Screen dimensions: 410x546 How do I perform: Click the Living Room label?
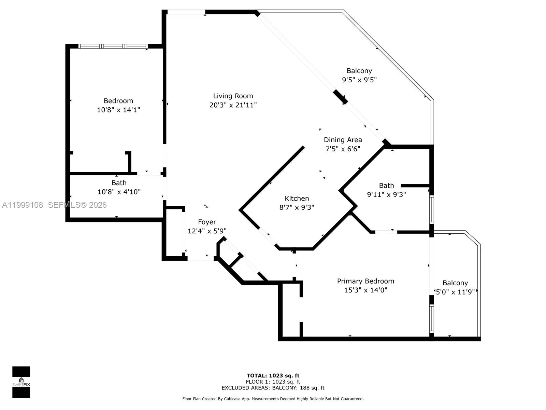point(233,96)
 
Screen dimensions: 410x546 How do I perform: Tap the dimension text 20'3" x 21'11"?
point(233,105)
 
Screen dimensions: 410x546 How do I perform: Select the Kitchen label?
point(297,198)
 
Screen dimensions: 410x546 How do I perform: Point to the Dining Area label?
point(343,140)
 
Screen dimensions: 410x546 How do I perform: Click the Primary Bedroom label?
point(365,281)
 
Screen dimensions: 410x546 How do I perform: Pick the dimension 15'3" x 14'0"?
point(365,290)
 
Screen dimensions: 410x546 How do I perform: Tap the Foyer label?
point(207,222)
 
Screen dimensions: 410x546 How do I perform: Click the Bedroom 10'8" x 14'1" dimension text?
point(118,110)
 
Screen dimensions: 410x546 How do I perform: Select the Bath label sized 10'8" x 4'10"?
point(119,183)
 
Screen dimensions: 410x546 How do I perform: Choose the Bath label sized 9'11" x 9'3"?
point(386,186)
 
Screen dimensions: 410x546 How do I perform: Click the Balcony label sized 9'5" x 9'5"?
point(359,71)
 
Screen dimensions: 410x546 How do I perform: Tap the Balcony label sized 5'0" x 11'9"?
point(455,283)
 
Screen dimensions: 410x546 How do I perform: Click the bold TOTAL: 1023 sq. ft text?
point(273,375)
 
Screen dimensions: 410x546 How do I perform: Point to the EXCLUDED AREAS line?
point(273,388)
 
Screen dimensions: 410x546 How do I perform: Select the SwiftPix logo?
point(21,382)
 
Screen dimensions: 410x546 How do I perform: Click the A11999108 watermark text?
point(23,205)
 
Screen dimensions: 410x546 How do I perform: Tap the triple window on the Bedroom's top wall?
point(113,46)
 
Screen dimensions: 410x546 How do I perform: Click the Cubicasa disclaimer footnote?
point(273,399)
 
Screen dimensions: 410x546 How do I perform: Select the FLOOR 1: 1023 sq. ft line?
point(273,382)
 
